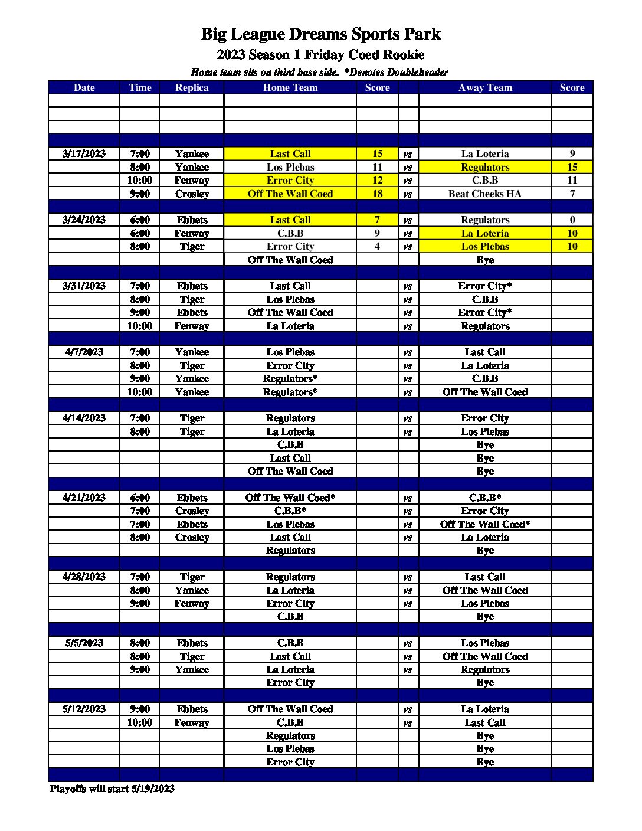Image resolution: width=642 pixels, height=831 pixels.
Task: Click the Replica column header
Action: [192, 87]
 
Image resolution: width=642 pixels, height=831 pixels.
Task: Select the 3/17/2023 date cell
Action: [84, 153]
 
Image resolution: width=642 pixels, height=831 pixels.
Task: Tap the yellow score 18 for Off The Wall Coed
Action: [377, 194]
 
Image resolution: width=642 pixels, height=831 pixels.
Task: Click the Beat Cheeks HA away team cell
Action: [484, 194]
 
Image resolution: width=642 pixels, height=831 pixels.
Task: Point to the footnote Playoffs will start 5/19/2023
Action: [112, 789]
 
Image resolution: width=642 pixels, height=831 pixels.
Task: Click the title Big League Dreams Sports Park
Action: [320, 34]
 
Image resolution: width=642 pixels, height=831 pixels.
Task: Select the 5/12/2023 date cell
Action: [84, 709]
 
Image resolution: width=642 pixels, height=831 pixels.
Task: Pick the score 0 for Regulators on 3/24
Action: [572, 220]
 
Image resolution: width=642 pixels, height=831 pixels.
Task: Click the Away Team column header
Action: [484, 87]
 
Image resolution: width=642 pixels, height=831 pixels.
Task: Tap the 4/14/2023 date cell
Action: [84, 418]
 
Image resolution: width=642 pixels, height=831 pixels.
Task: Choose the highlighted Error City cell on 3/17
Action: [290, 180]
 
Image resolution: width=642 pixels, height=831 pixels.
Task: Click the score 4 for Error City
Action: [377, 246]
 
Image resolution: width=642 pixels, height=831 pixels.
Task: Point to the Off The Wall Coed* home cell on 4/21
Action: [290, 498]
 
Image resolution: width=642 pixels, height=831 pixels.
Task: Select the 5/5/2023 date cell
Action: [84, 643]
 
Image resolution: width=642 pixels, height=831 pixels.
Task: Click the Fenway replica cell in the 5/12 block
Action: [192, 722]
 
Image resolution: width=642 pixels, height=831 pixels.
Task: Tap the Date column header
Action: [84, 87]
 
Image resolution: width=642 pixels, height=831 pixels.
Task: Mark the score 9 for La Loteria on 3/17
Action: [572, 153]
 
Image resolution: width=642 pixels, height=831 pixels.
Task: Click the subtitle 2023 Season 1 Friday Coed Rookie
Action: [320, 55]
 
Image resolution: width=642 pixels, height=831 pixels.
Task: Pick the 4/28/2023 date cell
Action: [84, 577]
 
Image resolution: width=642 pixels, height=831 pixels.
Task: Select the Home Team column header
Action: [290, 87]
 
